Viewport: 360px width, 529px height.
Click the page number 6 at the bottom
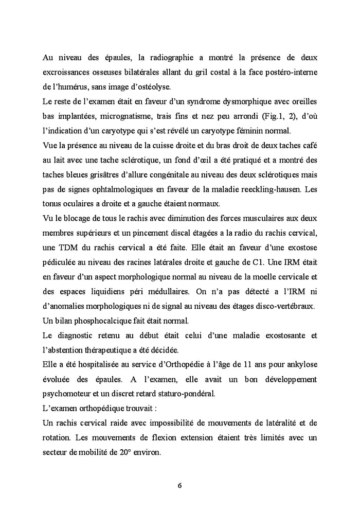click(180, 485)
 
